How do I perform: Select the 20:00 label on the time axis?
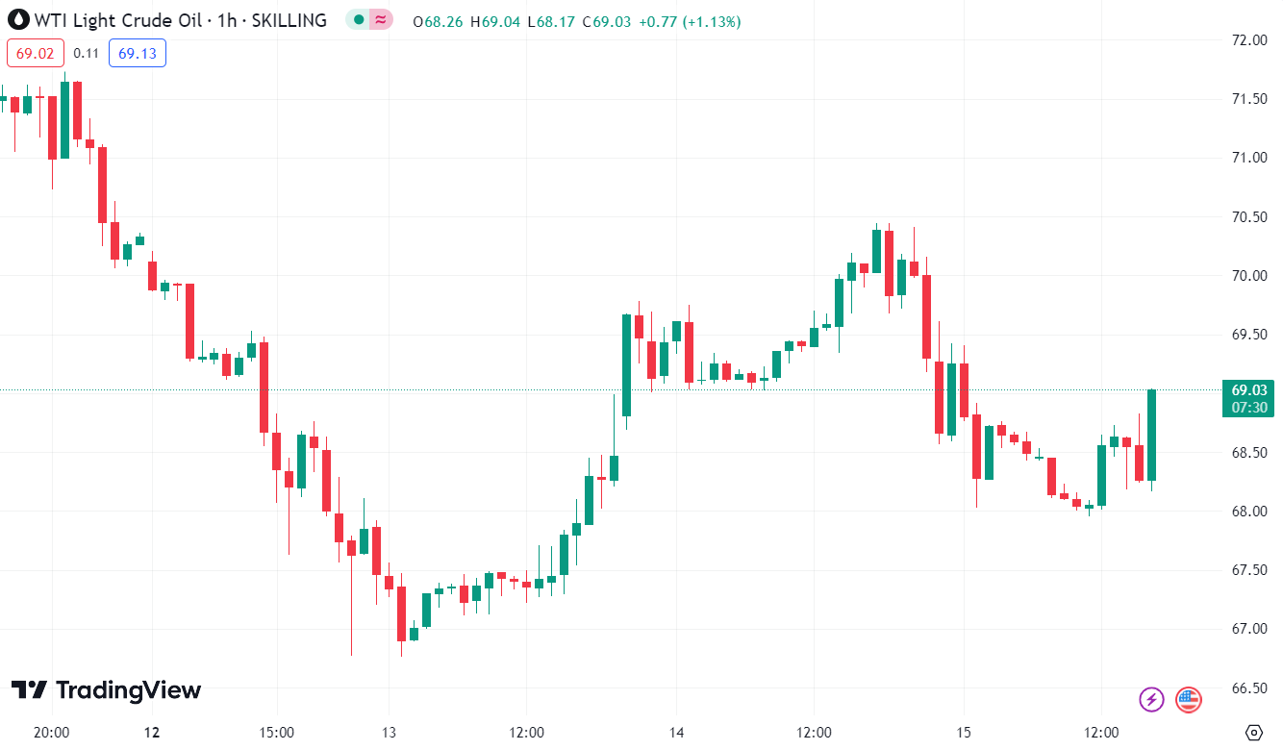(51, 732)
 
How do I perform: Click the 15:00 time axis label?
(276, 732)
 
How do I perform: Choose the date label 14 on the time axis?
(676, 732)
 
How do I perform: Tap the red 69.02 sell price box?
(36, 53)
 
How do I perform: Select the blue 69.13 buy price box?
(138, 53)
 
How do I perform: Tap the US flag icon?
(1189, 700)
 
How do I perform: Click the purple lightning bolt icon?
(1151, 700)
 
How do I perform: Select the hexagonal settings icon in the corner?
(1252, 732)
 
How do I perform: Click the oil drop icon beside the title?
(16, 20)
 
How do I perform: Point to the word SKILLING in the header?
(289, 20)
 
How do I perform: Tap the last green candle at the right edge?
(1151, 435)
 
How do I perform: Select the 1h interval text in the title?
(227, 20)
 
